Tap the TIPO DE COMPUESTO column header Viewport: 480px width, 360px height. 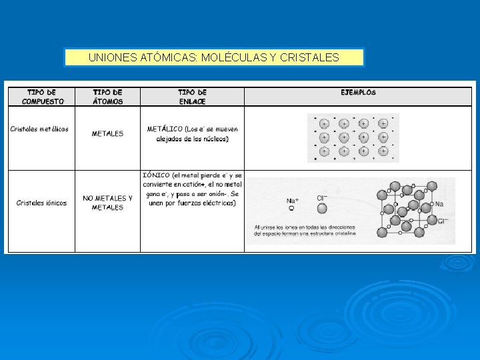(x=42, y=97)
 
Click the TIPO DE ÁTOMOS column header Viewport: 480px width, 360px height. (x=107, y=97)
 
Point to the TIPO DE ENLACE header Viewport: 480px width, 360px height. (x=192, y=97)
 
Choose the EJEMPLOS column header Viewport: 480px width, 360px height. (x=358, y=93)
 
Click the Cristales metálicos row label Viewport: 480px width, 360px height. (x=39, y=129)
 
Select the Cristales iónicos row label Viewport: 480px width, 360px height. (x=41, y=203)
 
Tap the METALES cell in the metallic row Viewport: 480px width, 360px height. (x=107, y=133)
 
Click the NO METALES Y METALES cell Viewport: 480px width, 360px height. (x=107, y=203)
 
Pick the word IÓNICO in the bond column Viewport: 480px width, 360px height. (x=156, y=175)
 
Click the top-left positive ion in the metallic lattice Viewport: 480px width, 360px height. (x=324, y=123)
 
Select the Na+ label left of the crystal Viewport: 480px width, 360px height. (x=292, y=200)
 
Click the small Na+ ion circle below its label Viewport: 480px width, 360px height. (x=291, y=209)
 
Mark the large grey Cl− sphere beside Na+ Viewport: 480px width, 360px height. (x=322, y=209)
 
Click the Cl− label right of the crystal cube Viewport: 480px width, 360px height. (x=443, y=220)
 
